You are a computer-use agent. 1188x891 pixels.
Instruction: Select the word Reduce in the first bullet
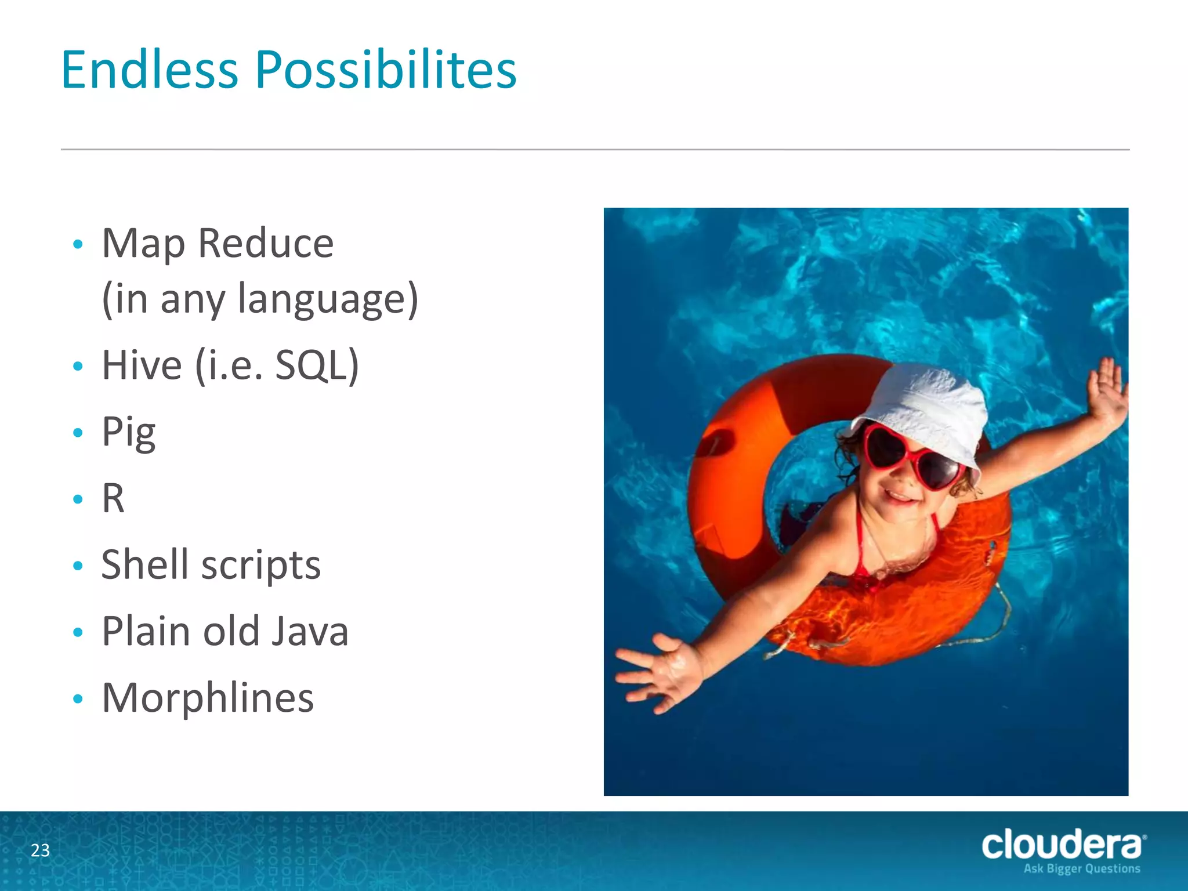click(x=266, y=243)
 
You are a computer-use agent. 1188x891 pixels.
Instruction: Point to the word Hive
click(x=142, y=365)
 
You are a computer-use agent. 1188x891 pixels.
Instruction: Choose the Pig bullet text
click(x=129, y=433)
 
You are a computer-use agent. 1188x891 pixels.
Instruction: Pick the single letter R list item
click(x=113, y=498)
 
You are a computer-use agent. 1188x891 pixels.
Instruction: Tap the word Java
click(x=310, y=631)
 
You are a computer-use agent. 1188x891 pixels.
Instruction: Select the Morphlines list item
click(x=208, y=697)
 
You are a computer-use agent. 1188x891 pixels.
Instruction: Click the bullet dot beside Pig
click(x=78, y=433)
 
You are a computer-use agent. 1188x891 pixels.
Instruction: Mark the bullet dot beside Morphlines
click(x=78, y=698)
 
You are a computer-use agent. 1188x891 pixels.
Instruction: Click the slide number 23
click(x=41, y=850)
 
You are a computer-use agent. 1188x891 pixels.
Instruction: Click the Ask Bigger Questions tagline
click(x=1081, y=869)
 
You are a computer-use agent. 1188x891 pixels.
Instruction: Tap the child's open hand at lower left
click(x=661, y=673)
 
